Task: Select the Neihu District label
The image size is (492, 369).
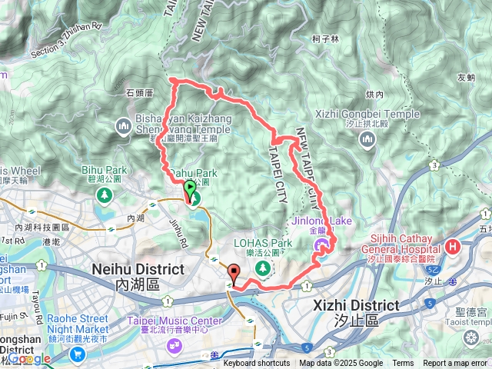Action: (138, 270)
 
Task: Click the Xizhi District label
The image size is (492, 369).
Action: (356, 305)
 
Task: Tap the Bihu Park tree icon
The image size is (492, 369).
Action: (102, 195)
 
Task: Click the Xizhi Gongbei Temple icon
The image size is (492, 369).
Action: (366, 138)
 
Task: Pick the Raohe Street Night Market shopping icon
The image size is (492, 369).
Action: (77, 354)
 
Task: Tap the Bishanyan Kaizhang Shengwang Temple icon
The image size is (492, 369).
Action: (124, 125)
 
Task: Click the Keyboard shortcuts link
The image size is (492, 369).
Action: (257, 364)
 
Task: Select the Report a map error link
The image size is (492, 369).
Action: (455, 364)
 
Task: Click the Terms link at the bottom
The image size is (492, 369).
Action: (403, 364)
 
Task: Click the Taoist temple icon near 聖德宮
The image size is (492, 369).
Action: (470, 337)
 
